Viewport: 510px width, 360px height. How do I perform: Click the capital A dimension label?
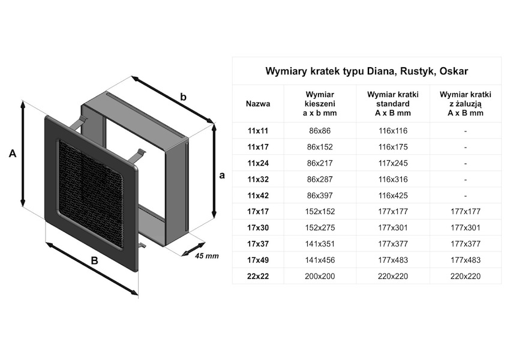click(x=12, y=154)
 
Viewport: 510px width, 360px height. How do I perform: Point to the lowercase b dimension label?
click(x=184, y=97)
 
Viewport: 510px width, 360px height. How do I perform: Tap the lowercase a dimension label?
click(x=222, y=175)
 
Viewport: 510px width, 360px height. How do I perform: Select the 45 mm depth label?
click(x=207, y=256)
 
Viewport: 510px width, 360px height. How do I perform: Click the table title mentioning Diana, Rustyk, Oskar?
click(x=367, y=71)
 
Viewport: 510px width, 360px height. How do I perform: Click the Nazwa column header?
click(x=258, y=103)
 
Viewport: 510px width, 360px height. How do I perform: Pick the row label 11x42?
click(x=258, y=196)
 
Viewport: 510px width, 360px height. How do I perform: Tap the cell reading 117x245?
click(x=393, y=163)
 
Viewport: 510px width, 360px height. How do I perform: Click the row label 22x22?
click(x=258, y=277)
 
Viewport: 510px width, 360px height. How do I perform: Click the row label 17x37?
click(x=258, y=244)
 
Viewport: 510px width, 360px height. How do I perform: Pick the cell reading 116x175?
click(x=393, y=147)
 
